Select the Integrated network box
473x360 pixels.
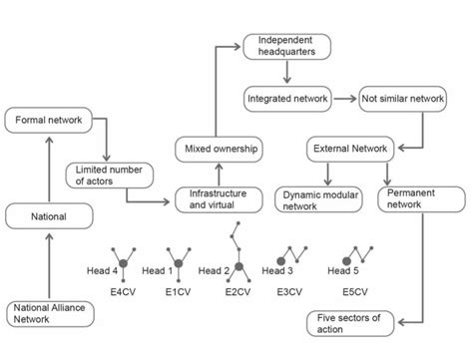click(288, 100)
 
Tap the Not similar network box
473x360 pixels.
click(403, 100)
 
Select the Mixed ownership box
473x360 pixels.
click(221, 149)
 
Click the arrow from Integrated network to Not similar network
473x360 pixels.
click(345, 100)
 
